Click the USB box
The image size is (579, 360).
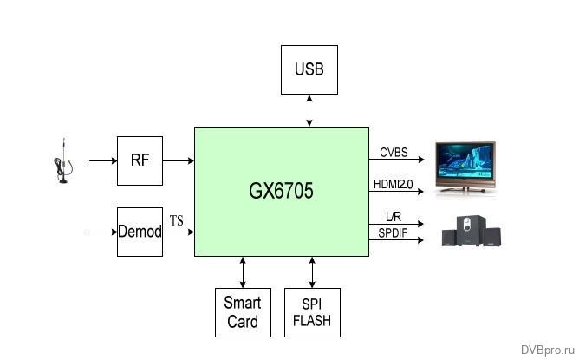pos(309,69)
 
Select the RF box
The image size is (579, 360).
pos(140,160)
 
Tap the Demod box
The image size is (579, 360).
pos(140,232)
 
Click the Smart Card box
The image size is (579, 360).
pos(242,312)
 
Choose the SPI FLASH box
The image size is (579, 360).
pos(312,312)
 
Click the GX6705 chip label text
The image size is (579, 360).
pos(281,192)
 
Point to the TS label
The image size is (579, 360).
pos(177,222)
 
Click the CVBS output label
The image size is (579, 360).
pos(393,153)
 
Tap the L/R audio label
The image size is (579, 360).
pos(391,217)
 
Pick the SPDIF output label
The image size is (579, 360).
pos(394,232)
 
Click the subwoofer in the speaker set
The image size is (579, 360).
pos(470,231)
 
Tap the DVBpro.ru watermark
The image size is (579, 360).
pos(547,349)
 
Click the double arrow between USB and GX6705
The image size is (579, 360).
pos(309,110)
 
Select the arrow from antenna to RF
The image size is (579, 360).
pos(102,160)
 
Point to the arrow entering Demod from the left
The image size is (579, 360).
pos(102,232)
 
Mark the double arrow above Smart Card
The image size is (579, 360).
pos(242,272)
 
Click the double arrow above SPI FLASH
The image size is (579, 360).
pos(312,272)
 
